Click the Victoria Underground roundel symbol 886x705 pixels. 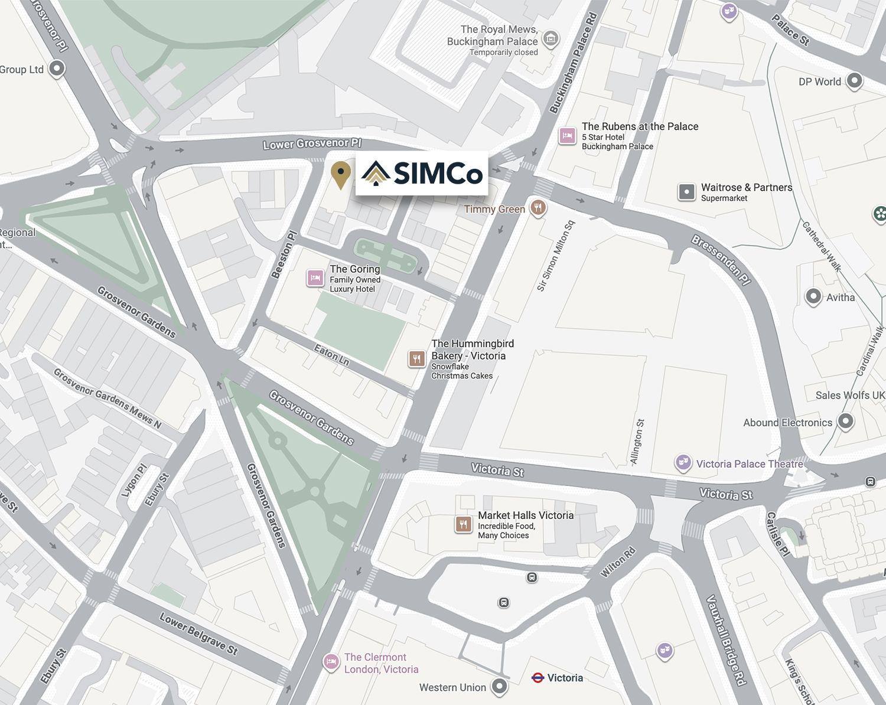tap(538, 678)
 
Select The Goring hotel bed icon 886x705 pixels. tap(315, 278)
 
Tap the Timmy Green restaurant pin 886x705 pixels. tap(538, 207)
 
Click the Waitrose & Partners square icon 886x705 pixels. tap(686, 192)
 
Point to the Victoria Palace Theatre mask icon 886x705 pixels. tap(683, 462)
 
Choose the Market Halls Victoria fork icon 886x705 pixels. tap(463, 524)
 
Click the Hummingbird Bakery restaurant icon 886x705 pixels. tap(417, 358)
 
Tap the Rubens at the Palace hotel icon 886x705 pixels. tap(567, 136)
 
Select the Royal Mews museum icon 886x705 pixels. tap(551, 39)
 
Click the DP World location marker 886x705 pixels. tap(854, 80)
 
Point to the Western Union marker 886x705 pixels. tap(500, 686)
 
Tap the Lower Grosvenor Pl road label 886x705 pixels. tap(312, 143)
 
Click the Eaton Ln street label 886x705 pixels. tap(331, 355)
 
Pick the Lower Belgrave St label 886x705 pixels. tap(198, 634)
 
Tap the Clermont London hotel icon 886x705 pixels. tap(331, 661)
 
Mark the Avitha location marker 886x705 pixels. tap(813, 296)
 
